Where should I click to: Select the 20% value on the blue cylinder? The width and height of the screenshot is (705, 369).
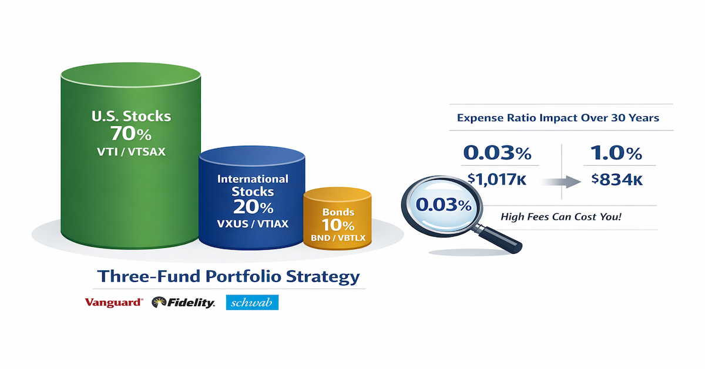[253, 207]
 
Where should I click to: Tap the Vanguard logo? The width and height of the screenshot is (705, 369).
[113, 303]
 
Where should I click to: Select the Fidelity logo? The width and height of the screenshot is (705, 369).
[183, 303]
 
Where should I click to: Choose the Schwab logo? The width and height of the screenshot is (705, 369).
[252, 302]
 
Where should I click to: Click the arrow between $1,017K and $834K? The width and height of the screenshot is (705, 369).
[562, 182]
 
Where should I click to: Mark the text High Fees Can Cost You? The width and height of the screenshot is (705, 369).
[560, 217]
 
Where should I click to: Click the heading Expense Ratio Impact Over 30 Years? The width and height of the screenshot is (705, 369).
[558, 118]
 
